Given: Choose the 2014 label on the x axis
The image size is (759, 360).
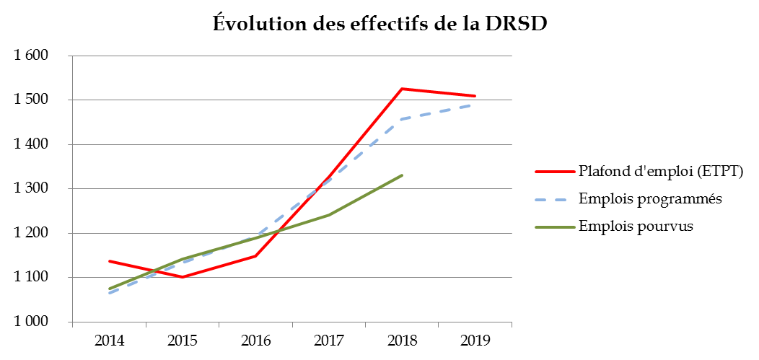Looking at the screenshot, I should pos(109,340).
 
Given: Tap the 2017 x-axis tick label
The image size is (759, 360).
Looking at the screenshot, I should pos(329,340).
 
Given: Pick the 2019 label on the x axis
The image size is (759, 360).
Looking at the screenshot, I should pos(475,340).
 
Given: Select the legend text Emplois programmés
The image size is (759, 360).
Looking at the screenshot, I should pos(650,198).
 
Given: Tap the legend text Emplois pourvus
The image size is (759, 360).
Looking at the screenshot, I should pos(636,226).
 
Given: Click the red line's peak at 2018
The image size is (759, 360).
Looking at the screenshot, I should pos(402,89).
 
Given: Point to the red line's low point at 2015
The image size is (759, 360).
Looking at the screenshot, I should pos(182,277).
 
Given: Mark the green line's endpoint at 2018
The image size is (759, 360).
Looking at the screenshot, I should pos(402,175).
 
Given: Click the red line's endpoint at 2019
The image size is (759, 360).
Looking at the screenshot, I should pos(475,96).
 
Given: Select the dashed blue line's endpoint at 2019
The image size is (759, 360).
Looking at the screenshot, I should pos(475,105).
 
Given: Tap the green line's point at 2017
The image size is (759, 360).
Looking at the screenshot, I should pos(329,215).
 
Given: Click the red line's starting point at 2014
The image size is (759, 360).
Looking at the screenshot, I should pos(109,261).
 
